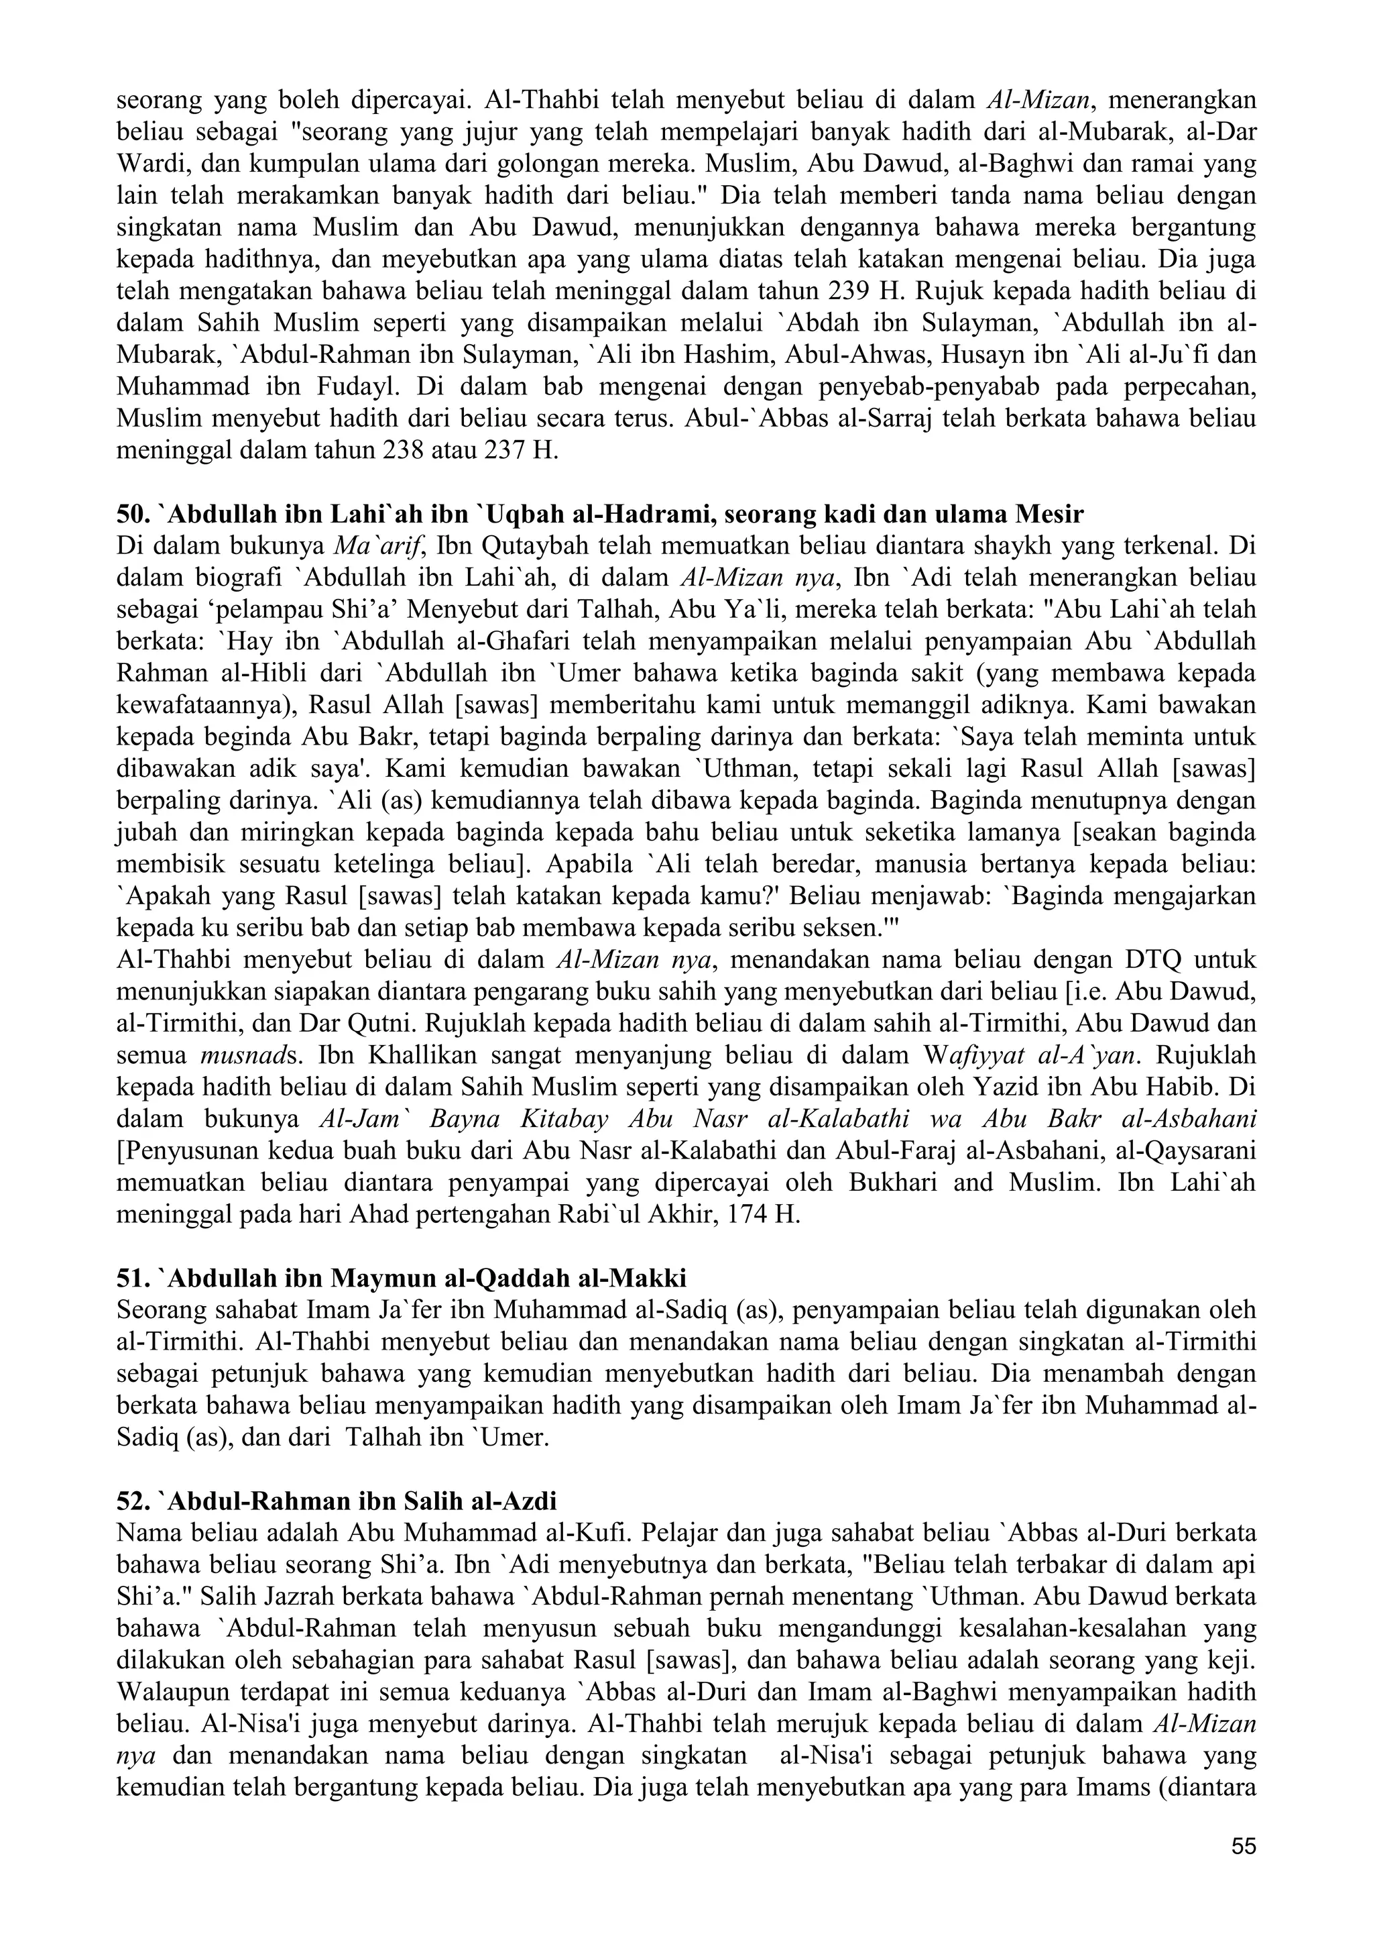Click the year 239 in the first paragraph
click(841, 291)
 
